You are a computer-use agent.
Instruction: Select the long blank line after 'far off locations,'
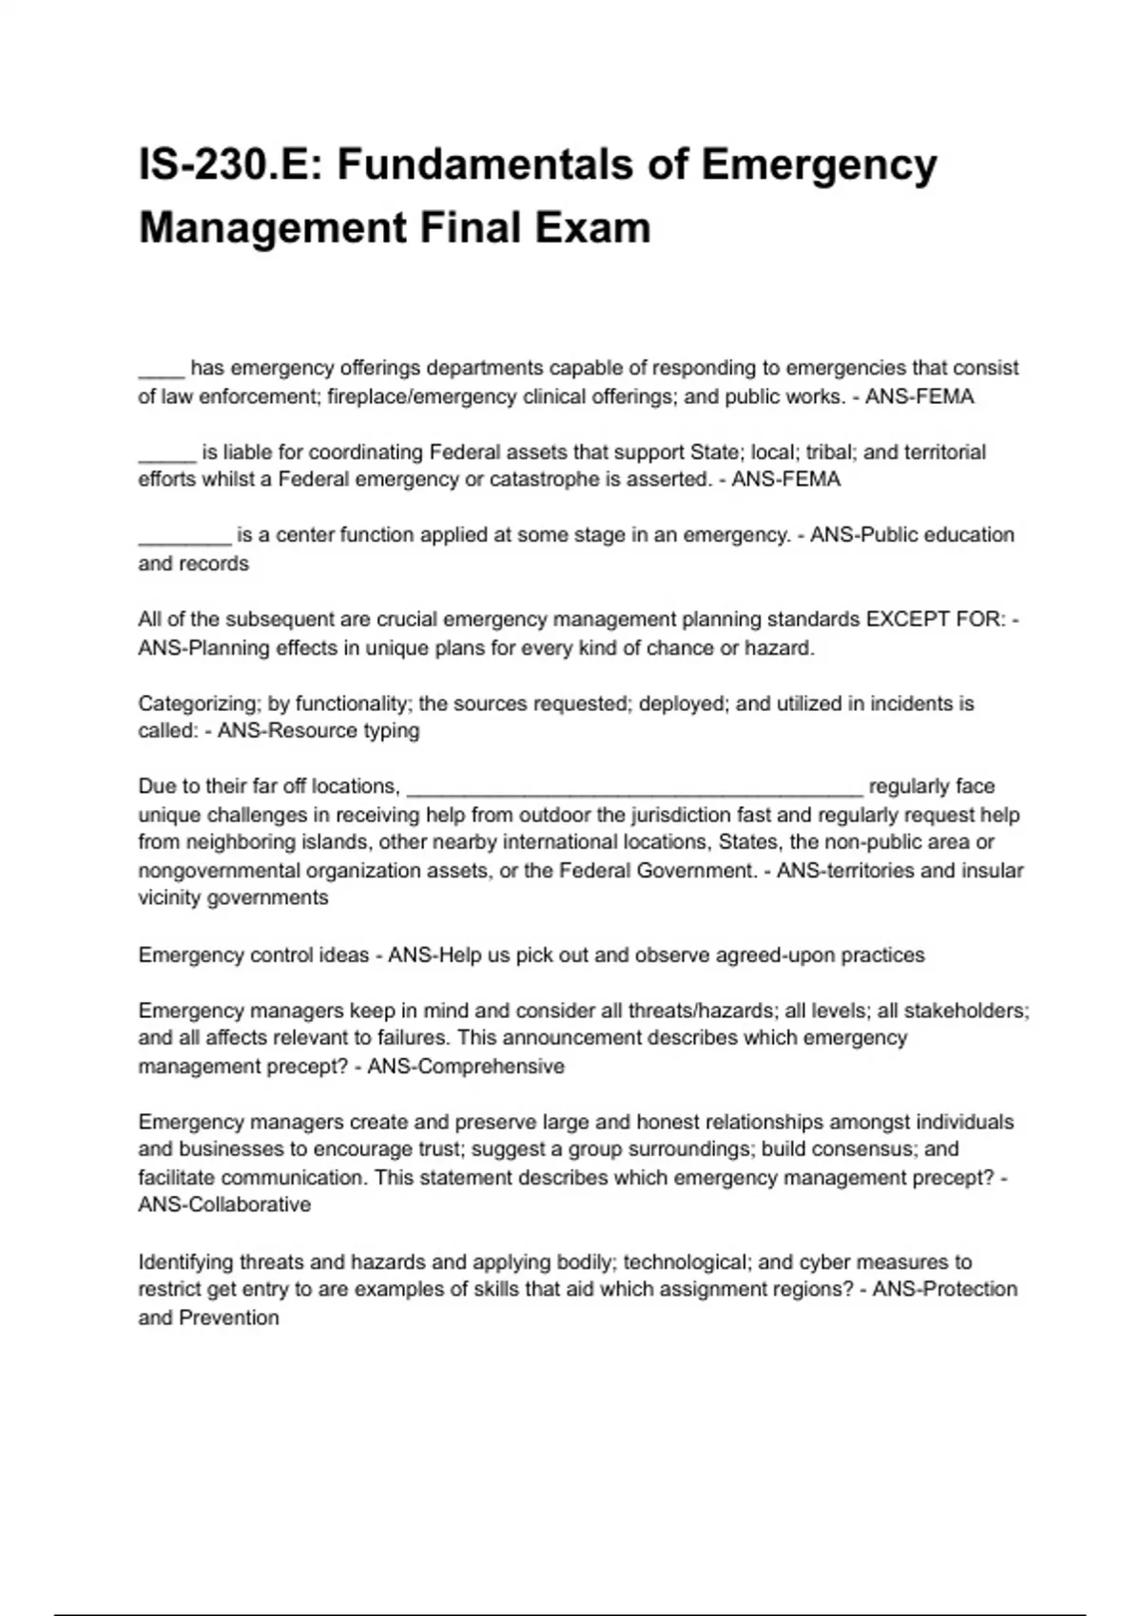634,787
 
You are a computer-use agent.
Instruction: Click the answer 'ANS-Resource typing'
319,731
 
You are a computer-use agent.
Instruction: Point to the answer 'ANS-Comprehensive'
466,1067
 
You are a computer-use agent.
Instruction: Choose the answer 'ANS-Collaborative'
224,1205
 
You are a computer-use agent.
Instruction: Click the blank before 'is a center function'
184,535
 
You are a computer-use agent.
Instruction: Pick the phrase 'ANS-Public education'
912,535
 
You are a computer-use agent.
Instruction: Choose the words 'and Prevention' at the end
209,1318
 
